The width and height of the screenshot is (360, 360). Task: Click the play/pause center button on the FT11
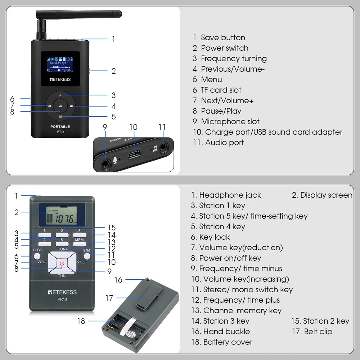tap(60, 106)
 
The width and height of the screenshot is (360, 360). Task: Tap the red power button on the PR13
tap(62, 263)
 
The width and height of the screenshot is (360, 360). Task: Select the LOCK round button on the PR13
tap(37, 256)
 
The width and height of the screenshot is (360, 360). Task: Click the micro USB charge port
tap(135, 154)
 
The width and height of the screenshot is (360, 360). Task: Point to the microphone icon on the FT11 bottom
tap(115, 160)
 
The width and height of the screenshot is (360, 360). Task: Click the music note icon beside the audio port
tap(155, 149)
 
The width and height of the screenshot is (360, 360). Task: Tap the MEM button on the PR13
tap(80, 244)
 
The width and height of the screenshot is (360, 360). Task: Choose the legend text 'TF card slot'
tap(221, 90)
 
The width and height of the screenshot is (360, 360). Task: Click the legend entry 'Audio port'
tap(224, 143)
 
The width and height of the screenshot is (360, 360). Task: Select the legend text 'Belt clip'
tap(318, 332)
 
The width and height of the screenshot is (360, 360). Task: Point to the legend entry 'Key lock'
tap(215, 237)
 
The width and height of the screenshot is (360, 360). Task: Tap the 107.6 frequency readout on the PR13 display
tap(65, 219)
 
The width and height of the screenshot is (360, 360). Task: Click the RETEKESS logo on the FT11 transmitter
tap(60, 80)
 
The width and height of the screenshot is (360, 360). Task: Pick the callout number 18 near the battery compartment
tap(81, 321)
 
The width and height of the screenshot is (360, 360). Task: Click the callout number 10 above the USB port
tap(134, 127)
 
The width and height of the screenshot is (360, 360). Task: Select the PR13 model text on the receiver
tap(62, 299)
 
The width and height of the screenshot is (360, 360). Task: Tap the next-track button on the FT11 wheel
tap(71, 106)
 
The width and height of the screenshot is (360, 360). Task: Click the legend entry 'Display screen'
tap(326, 195)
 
